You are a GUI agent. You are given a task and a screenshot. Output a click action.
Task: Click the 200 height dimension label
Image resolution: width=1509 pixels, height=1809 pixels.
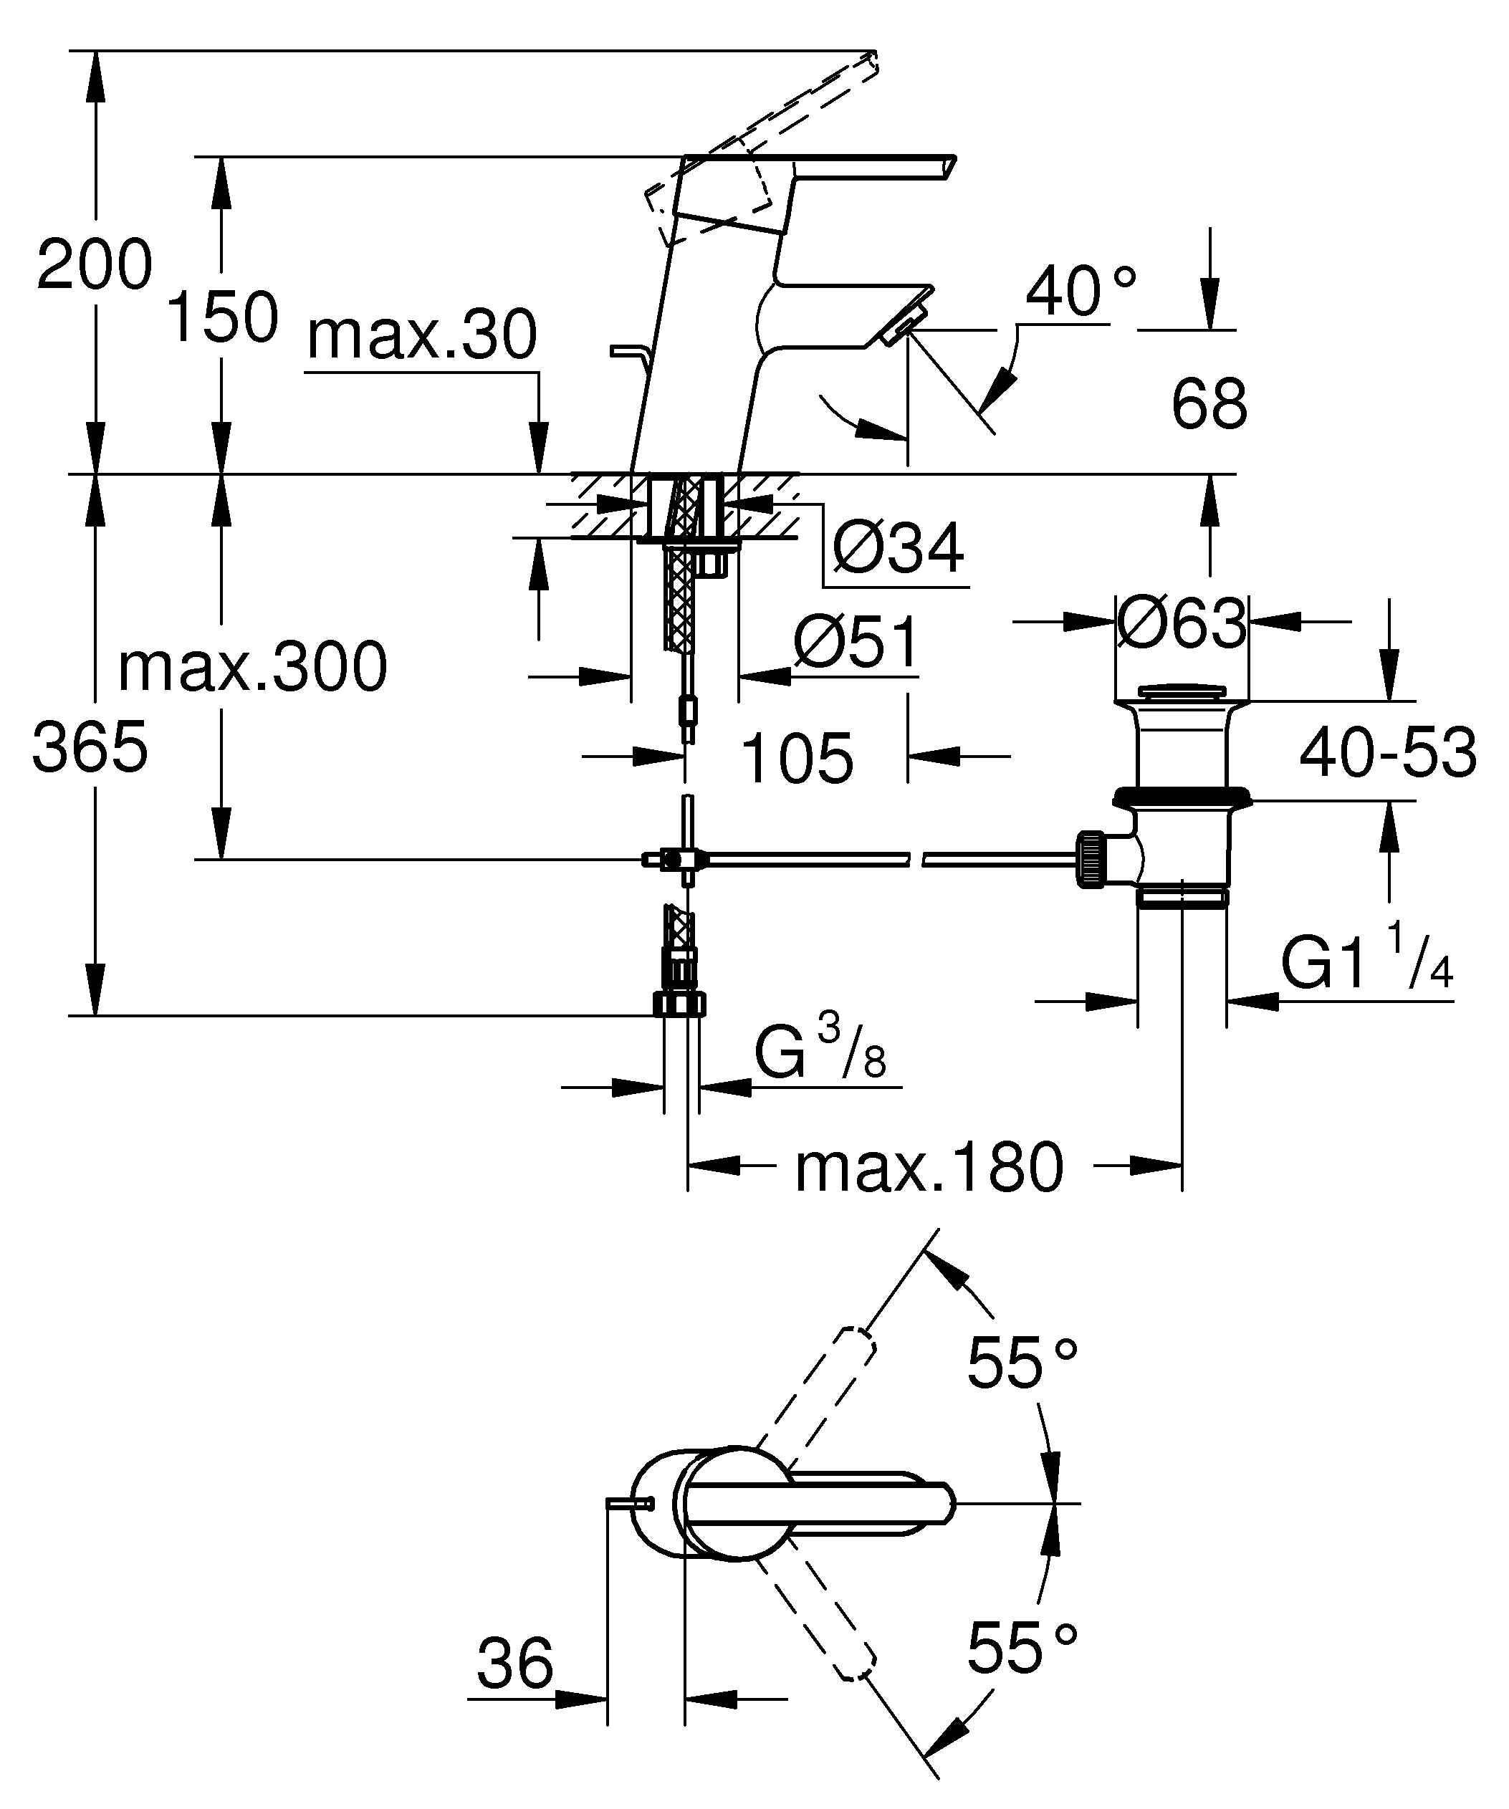tap(95, 264)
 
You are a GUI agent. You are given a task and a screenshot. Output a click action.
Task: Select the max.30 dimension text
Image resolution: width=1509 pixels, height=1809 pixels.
tap(422, 335)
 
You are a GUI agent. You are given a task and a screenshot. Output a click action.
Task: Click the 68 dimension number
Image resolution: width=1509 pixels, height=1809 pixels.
tap(1208, 404)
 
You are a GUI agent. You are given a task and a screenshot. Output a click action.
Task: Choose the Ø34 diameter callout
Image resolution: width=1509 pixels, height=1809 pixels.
tap(898, 548)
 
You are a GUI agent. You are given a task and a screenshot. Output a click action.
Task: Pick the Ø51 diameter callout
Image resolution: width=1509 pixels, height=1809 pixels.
tap(856, 643)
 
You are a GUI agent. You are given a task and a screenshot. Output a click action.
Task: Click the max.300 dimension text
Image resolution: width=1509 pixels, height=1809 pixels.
tap(252, 668)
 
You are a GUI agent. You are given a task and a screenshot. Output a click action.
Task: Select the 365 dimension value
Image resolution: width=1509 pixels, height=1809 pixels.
tap(90, 747)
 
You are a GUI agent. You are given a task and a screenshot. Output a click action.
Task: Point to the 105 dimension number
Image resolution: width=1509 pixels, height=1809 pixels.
tap(797, 759)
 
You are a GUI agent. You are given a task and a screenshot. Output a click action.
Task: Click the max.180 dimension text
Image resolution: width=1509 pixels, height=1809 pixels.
tap(929, 1169)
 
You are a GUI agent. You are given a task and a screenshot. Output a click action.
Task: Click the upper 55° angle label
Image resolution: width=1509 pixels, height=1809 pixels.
tap(1022, 1363)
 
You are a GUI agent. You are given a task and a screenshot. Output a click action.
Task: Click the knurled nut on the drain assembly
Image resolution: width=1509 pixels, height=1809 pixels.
tap(1091, 859)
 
